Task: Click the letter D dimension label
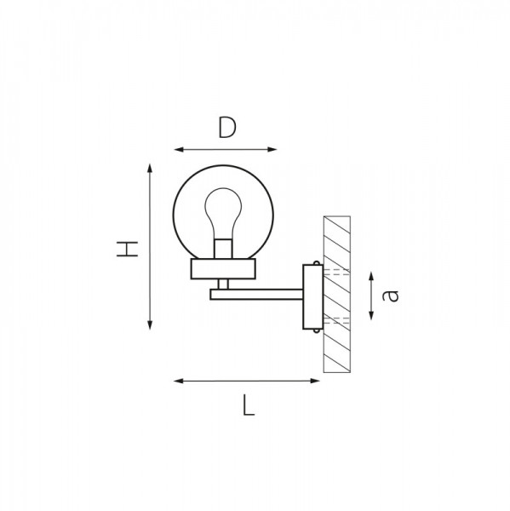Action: point(226,128)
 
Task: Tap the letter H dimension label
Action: point(127,249)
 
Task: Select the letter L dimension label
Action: point(249,405)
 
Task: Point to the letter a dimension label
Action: point(390,296)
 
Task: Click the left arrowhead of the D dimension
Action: point(179,150)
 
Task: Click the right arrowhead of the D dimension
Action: point(272,150)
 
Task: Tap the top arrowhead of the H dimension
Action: point(150,168)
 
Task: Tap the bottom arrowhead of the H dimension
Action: point(150,325)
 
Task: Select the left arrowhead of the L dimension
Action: point(179,381)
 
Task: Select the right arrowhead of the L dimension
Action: point(315,381)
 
